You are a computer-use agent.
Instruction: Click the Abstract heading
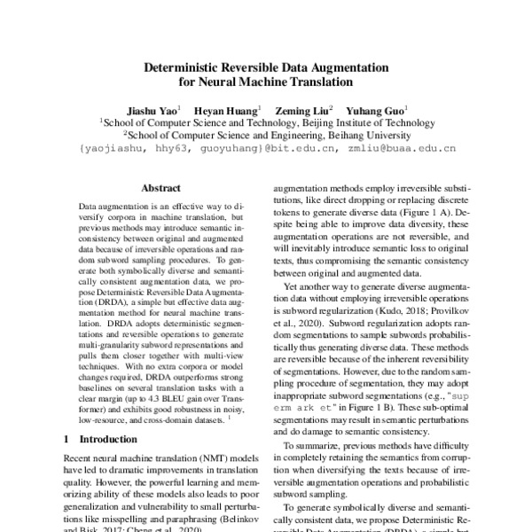pos(160,188)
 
